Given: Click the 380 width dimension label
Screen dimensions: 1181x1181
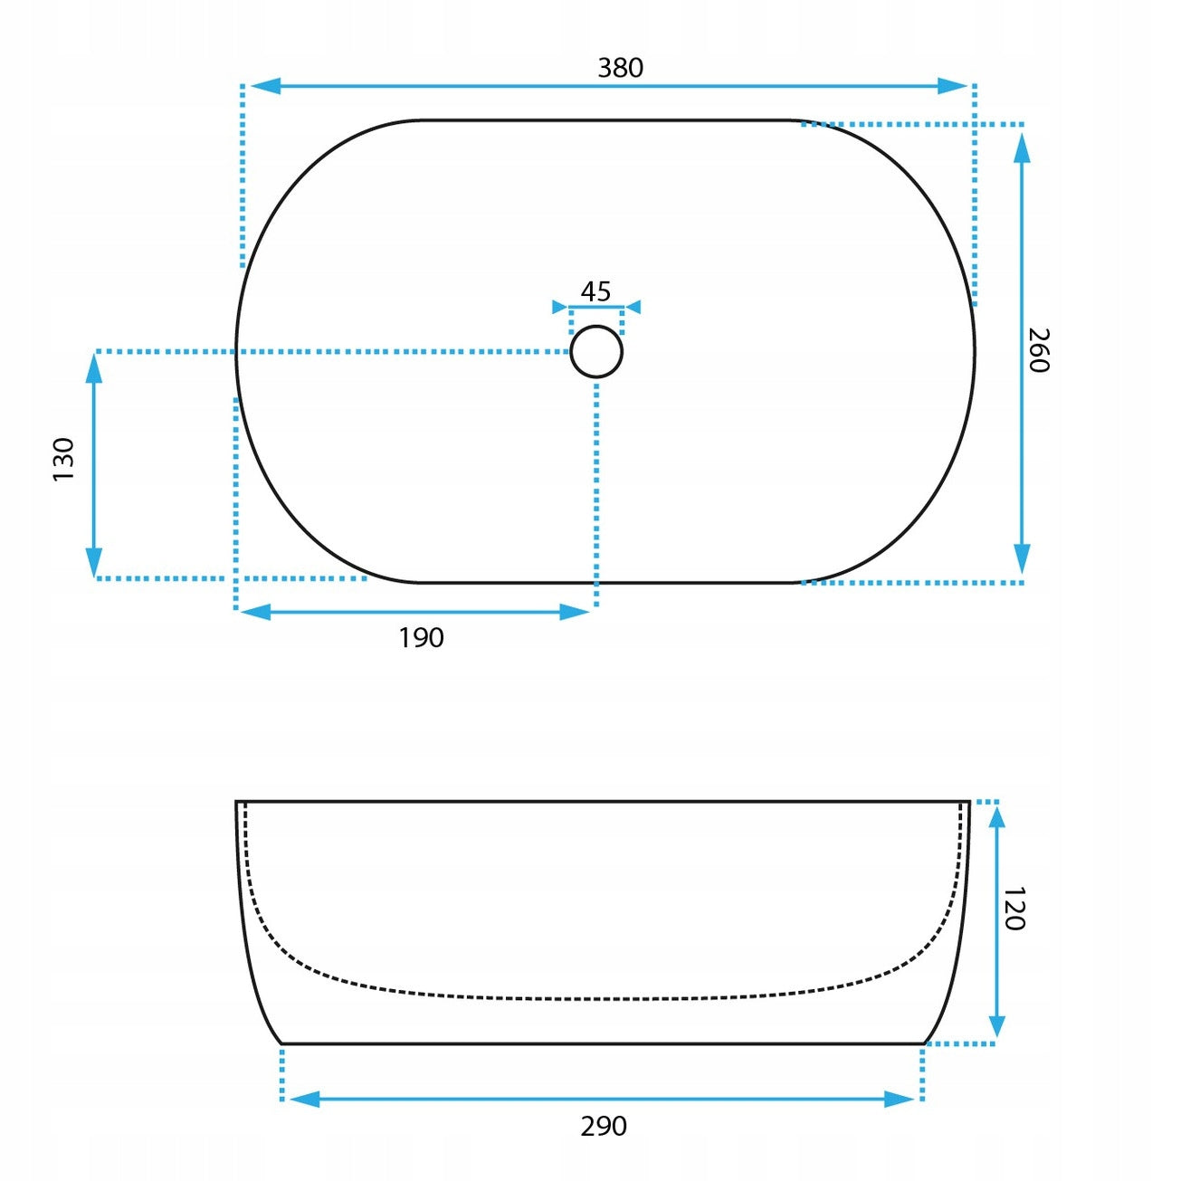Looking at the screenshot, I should click(620, 68).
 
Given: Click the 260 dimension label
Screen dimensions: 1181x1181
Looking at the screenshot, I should click(1038, 350).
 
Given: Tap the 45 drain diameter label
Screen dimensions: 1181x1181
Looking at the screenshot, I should click(595, 291).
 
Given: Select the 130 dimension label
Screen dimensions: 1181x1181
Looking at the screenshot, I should click(63, 459).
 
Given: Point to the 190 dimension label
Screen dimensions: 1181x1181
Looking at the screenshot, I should click(421, 638).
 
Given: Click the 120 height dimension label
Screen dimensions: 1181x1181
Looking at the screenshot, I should click(1014, 909).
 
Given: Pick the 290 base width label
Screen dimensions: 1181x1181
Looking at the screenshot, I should click(603, 1127).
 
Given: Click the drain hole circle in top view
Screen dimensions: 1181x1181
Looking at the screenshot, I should click(596, 351).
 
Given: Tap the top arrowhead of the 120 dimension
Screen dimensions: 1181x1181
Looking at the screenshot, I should click(996, 818).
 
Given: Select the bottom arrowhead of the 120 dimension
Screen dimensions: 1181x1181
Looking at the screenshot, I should click(996, 1026).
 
